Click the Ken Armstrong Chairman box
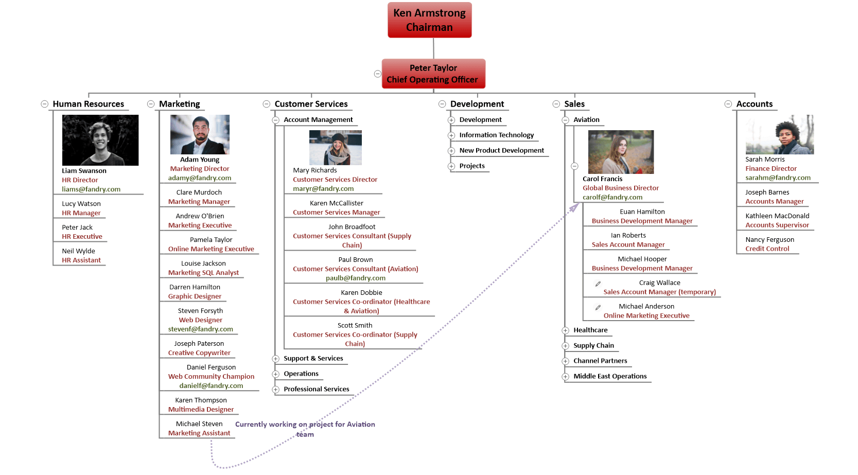click(429, 20)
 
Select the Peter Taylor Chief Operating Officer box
click(433, 74)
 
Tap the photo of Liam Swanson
click(100, 140)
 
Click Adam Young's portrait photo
click(200, 134)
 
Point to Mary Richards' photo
click(336, 148)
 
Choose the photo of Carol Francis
click(621, 152)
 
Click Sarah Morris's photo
click(779, 134)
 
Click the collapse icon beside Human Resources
click(44, 104)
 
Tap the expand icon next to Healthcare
click(565, 330)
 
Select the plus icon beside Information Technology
click(451, 135)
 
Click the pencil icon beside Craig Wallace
click(598, 284)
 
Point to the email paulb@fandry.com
click(356, 278)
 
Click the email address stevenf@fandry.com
click(200, 329)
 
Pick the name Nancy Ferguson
click(769, 239)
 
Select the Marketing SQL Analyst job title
click(203, 272)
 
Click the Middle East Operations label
click(610, 376)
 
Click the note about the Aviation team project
click(305, 429)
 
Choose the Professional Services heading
click(317, 389)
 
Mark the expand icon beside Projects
click(451, 166)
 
